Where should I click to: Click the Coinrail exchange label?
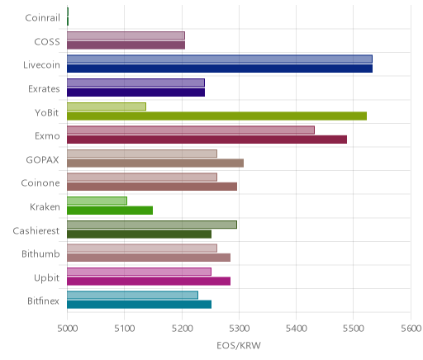(42, 18)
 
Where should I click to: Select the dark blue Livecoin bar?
(220, 69)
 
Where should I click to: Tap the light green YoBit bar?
(107, 107)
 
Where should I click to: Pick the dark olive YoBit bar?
(217, 116)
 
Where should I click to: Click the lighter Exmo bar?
(191, 130)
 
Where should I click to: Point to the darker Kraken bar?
(110, 211)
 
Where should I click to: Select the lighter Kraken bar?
(97, 201)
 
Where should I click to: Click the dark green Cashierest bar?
(140, 234)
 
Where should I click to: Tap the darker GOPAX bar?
(155, 163)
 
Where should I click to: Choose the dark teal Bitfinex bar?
(140, 305)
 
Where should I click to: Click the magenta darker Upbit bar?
(149, 282)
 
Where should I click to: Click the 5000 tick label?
(68, 329)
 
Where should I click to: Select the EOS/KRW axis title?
(239, 346)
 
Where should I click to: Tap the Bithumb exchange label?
(40, 253)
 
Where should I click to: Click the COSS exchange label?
(47, 42)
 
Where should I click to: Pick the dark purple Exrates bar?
(136, 92)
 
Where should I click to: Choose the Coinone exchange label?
(40, 183)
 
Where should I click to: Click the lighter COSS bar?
(126, 36)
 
